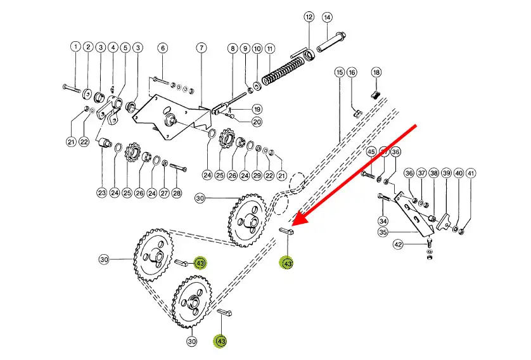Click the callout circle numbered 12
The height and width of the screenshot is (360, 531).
(309, 16)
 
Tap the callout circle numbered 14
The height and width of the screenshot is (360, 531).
(327, 16)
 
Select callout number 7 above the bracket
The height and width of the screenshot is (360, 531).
(201, 48)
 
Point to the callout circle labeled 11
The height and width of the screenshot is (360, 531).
(269, 48)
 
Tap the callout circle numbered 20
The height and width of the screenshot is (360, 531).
(257, 122)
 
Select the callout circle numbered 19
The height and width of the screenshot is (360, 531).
(257, 109)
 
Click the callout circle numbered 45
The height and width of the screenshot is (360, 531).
(371, 152)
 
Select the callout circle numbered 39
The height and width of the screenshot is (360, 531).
(446, 173)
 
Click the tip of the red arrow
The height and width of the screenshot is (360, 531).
(293, 225)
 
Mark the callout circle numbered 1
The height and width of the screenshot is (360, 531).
(75, 47)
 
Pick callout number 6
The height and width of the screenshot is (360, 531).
(162, 48)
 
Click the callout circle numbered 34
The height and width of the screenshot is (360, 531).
(383, 221)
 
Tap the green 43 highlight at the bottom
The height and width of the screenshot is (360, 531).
(221, 341)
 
